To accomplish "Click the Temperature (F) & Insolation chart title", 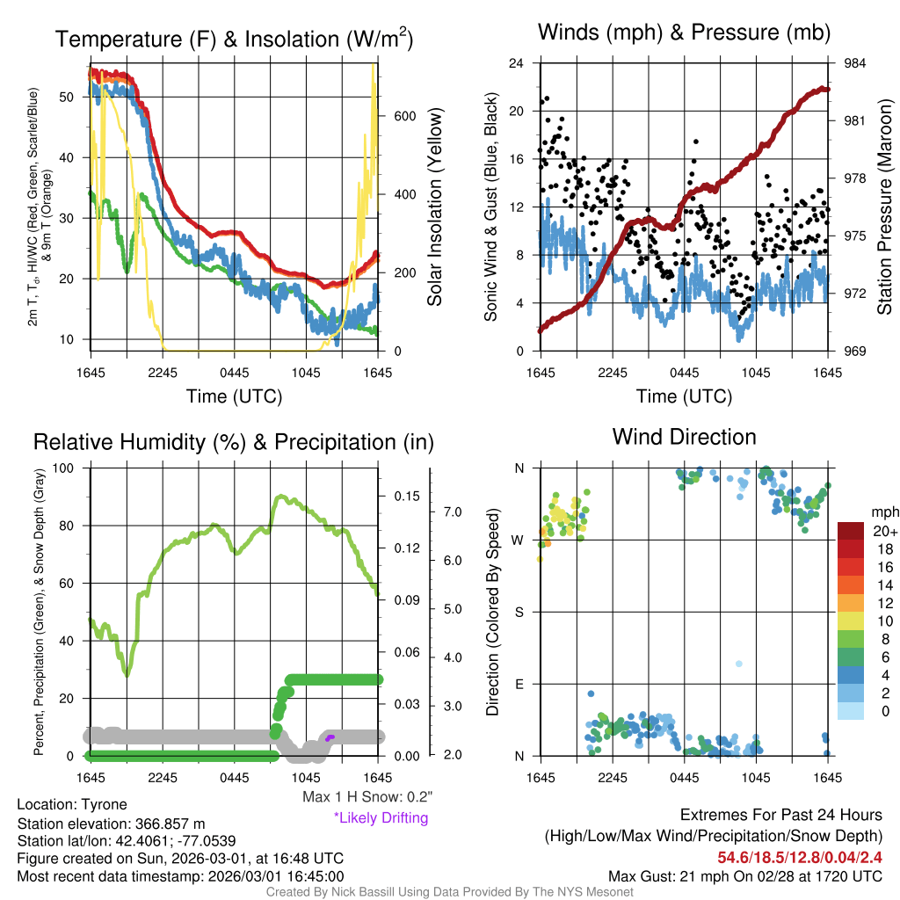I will coord(234,40).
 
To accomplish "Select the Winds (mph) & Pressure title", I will coord(684,33).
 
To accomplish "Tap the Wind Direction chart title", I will coord(684,437).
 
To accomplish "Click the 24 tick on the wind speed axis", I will coord(517,63).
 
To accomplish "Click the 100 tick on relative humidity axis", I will coord(69,468).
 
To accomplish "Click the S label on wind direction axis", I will coord(519,612).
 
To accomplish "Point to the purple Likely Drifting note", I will coord(381,817).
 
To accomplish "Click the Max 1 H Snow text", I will coord(367,797).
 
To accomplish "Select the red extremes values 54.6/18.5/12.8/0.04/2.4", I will coord(800,856).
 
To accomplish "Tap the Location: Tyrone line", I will coord(72,804).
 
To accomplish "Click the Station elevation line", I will coord(111,824).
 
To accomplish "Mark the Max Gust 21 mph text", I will coord(745,876).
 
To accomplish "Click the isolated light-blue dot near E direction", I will coord(739,664).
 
